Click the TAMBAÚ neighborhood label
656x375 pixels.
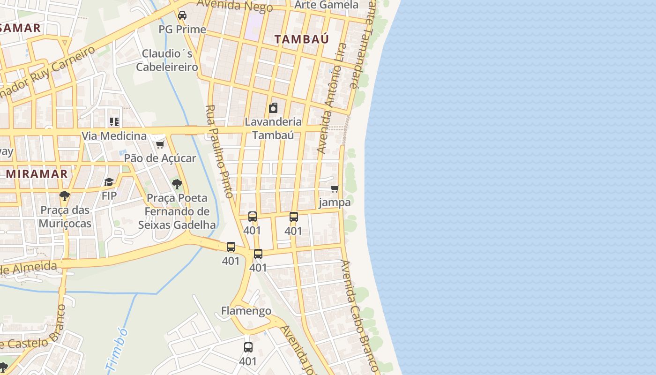tap(301, 39)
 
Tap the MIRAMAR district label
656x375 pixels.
tap(37, 174)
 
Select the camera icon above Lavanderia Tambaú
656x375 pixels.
tap(273, 108)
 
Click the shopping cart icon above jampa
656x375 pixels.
tap(335, 189)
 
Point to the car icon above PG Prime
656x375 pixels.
tap(182, 15)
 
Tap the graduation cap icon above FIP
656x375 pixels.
tap(109, 182)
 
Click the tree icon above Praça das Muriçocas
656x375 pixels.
tap(65, 196)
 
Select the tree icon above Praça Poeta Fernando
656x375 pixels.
tap(177, 184)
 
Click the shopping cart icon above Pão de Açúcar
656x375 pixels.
tap(160, 144)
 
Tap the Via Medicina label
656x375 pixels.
tap(114, 136)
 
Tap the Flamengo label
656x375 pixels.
tap(246, 311)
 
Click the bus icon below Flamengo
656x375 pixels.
tap(248, 347)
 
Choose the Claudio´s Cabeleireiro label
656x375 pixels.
tap(167, 60)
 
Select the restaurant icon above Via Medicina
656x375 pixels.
tap(114, 122)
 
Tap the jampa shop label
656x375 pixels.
tap(335, 202)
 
